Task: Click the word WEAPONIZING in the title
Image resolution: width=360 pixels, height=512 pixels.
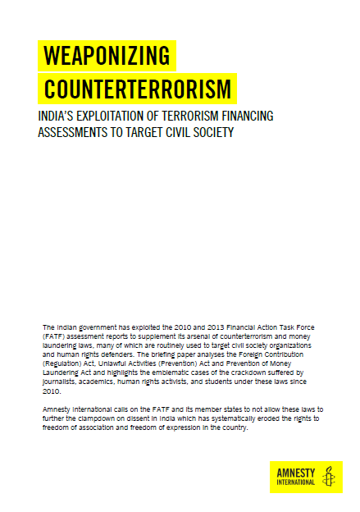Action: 106,56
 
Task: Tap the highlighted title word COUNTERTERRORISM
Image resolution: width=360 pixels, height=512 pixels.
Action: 137,88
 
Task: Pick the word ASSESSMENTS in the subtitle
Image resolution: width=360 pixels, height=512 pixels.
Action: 73,132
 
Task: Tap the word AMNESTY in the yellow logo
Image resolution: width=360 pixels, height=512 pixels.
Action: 295,473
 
